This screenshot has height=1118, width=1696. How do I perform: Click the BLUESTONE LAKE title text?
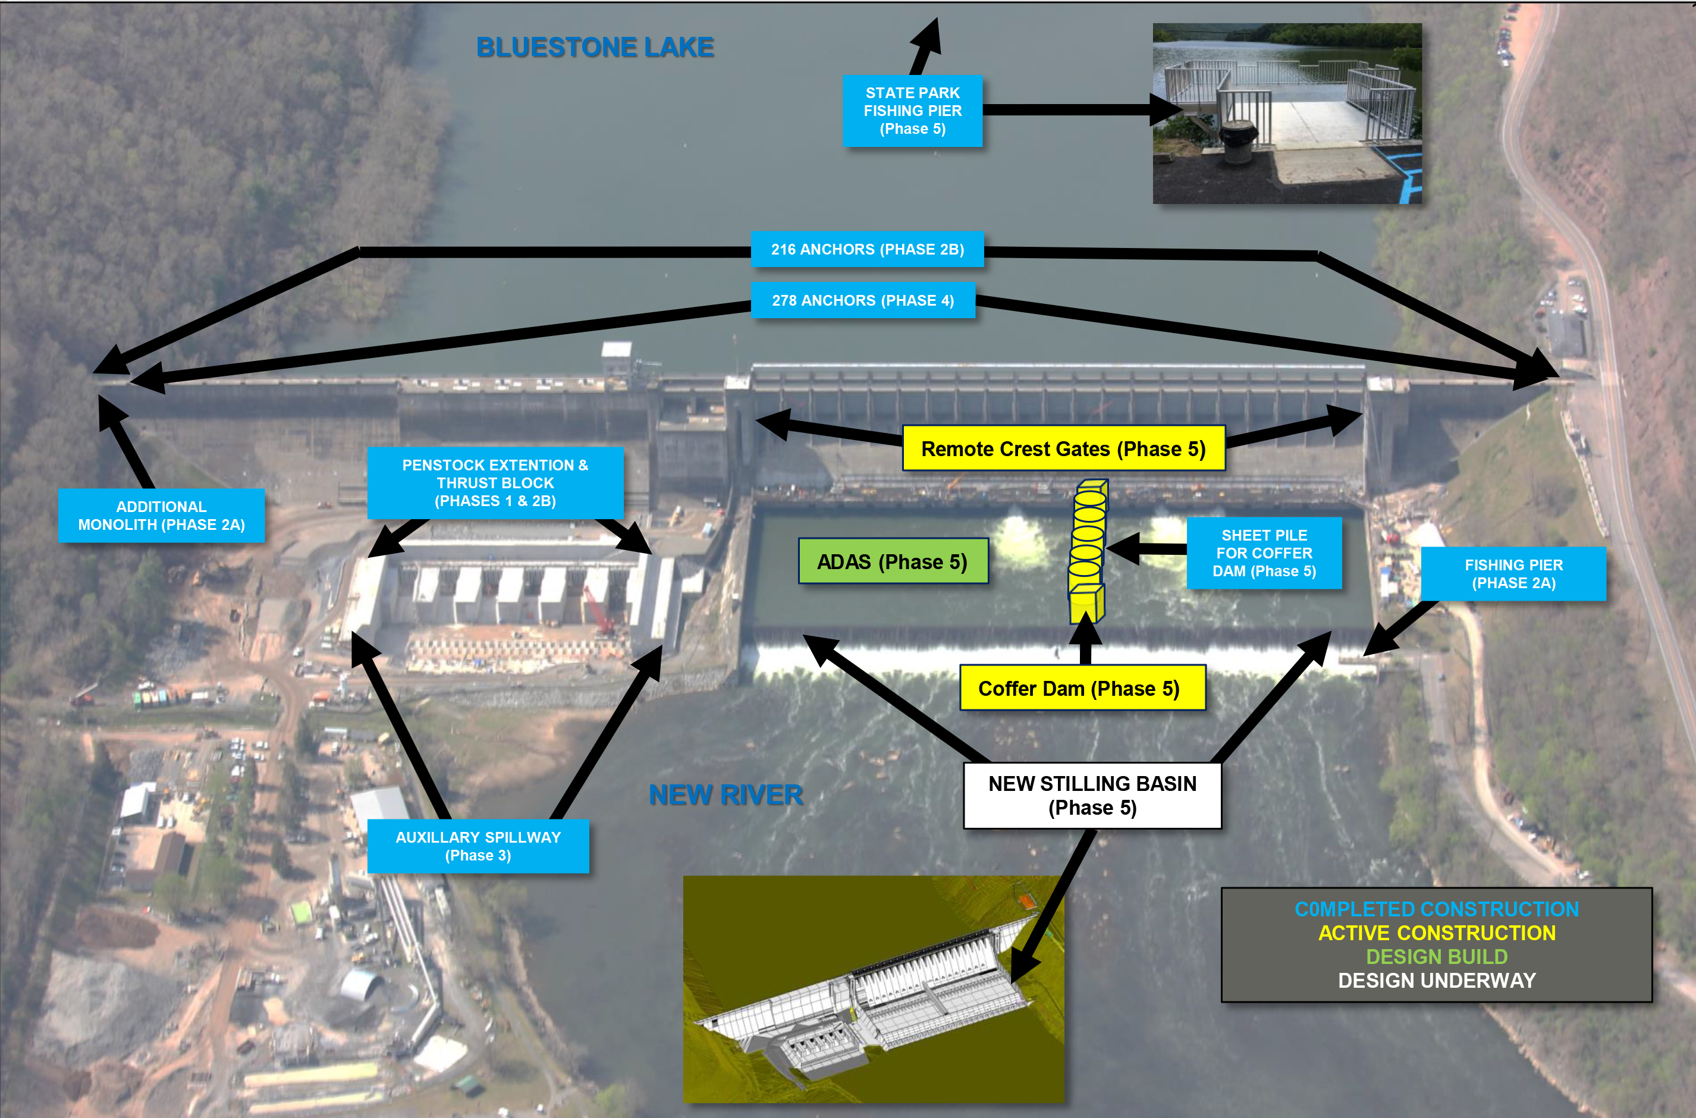coord(595,47)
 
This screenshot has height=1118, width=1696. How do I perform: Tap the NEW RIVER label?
coord(725,794)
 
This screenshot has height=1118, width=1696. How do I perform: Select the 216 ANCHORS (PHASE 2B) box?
coord(867,249)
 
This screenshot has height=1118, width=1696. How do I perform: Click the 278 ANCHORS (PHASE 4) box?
coord(863,300)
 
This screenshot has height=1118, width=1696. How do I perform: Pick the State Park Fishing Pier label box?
coord(912,111)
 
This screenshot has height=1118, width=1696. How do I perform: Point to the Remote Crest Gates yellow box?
coord(1063,448)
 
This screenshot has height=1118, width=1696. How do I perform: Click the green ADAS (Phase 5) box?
coord(893,562)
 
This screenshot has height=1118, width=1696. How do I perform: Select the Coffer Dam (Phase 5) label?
coord(1082,688)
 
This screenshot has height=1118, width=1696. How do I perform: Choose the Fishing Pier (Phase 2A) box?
coord(1513,574)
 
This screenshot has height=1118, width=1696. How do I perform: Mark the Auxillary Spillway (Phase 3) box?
coord(478,846)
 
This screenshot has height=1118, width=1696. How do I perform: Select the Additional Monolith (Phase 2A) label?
coord(161,516)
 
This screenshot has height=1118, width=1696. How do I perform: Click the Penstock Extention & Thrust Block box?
coord(495,483)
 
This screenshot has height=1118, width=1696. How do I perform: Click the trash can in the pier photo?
coord(1239,141)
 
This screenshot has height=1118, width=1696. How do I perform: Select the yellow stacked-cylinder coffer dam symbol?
coord(1086,549)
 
